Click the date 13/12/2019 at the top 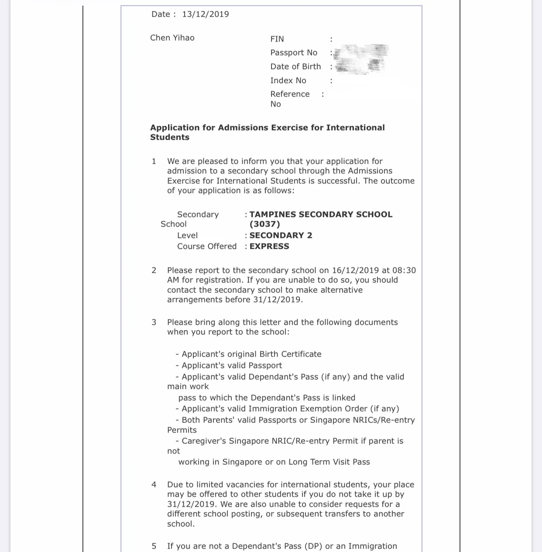click(x=206, y=14)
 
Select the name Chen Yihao click(x=172, y=38)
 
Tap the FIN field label click(x=277, y=39)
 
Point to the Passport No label click(x=294, y=53)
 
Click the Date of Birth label click(x=295, y=66)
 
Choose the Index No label click(x=288, y=80)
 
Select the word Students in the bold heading click(x=170, y=137)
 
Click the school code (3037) click(x=264, y=224)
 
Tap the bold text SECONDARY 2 click(x=281, y=236)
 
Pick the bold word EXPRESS click(x=269, y=247)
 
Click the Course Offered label click(x=207, y=247)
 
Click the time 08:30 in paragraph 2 click(x=404, y=271)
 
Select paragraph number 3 click(x=154, y=322)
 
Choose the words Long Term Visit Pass click(x=329, y=462)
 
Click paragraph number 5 click(x=154, y=546)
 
